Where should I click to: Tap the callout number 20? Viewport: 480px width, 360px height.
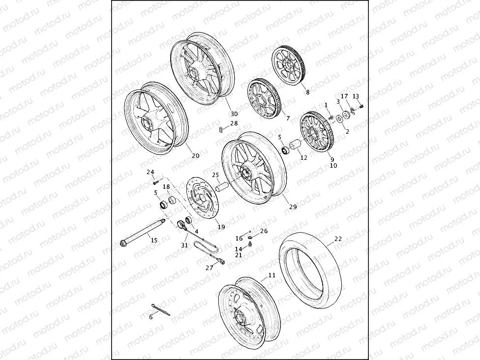pos(195,156)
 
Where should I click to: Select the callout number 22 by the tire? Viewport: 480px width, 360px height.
pos(338,239)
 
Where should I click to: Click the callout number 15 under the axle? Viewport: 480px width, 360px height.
pos(154,240)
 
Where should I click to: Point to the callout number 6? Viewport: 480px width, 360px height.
pos(151,317)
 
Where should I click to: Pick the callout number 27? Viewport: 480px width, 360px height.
pos(210,268)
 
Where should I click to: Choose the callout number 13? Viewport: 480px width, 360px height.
pos(356,96)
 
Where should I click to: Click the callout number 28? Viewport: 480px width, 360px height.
pos(234,123)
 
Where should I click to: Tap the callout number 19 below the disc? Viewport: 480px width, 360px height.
pos(221,227)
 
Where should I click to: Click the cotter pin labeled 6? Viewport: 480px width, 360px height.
pos(161,309)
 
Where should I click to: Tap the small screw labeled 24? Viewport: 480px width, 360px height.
pos(154,183)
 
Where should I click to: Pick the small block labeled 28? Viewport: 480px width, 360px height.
pos(221,130)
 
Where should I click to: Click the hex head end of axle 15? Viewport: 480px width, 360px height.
pos(123,242)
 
